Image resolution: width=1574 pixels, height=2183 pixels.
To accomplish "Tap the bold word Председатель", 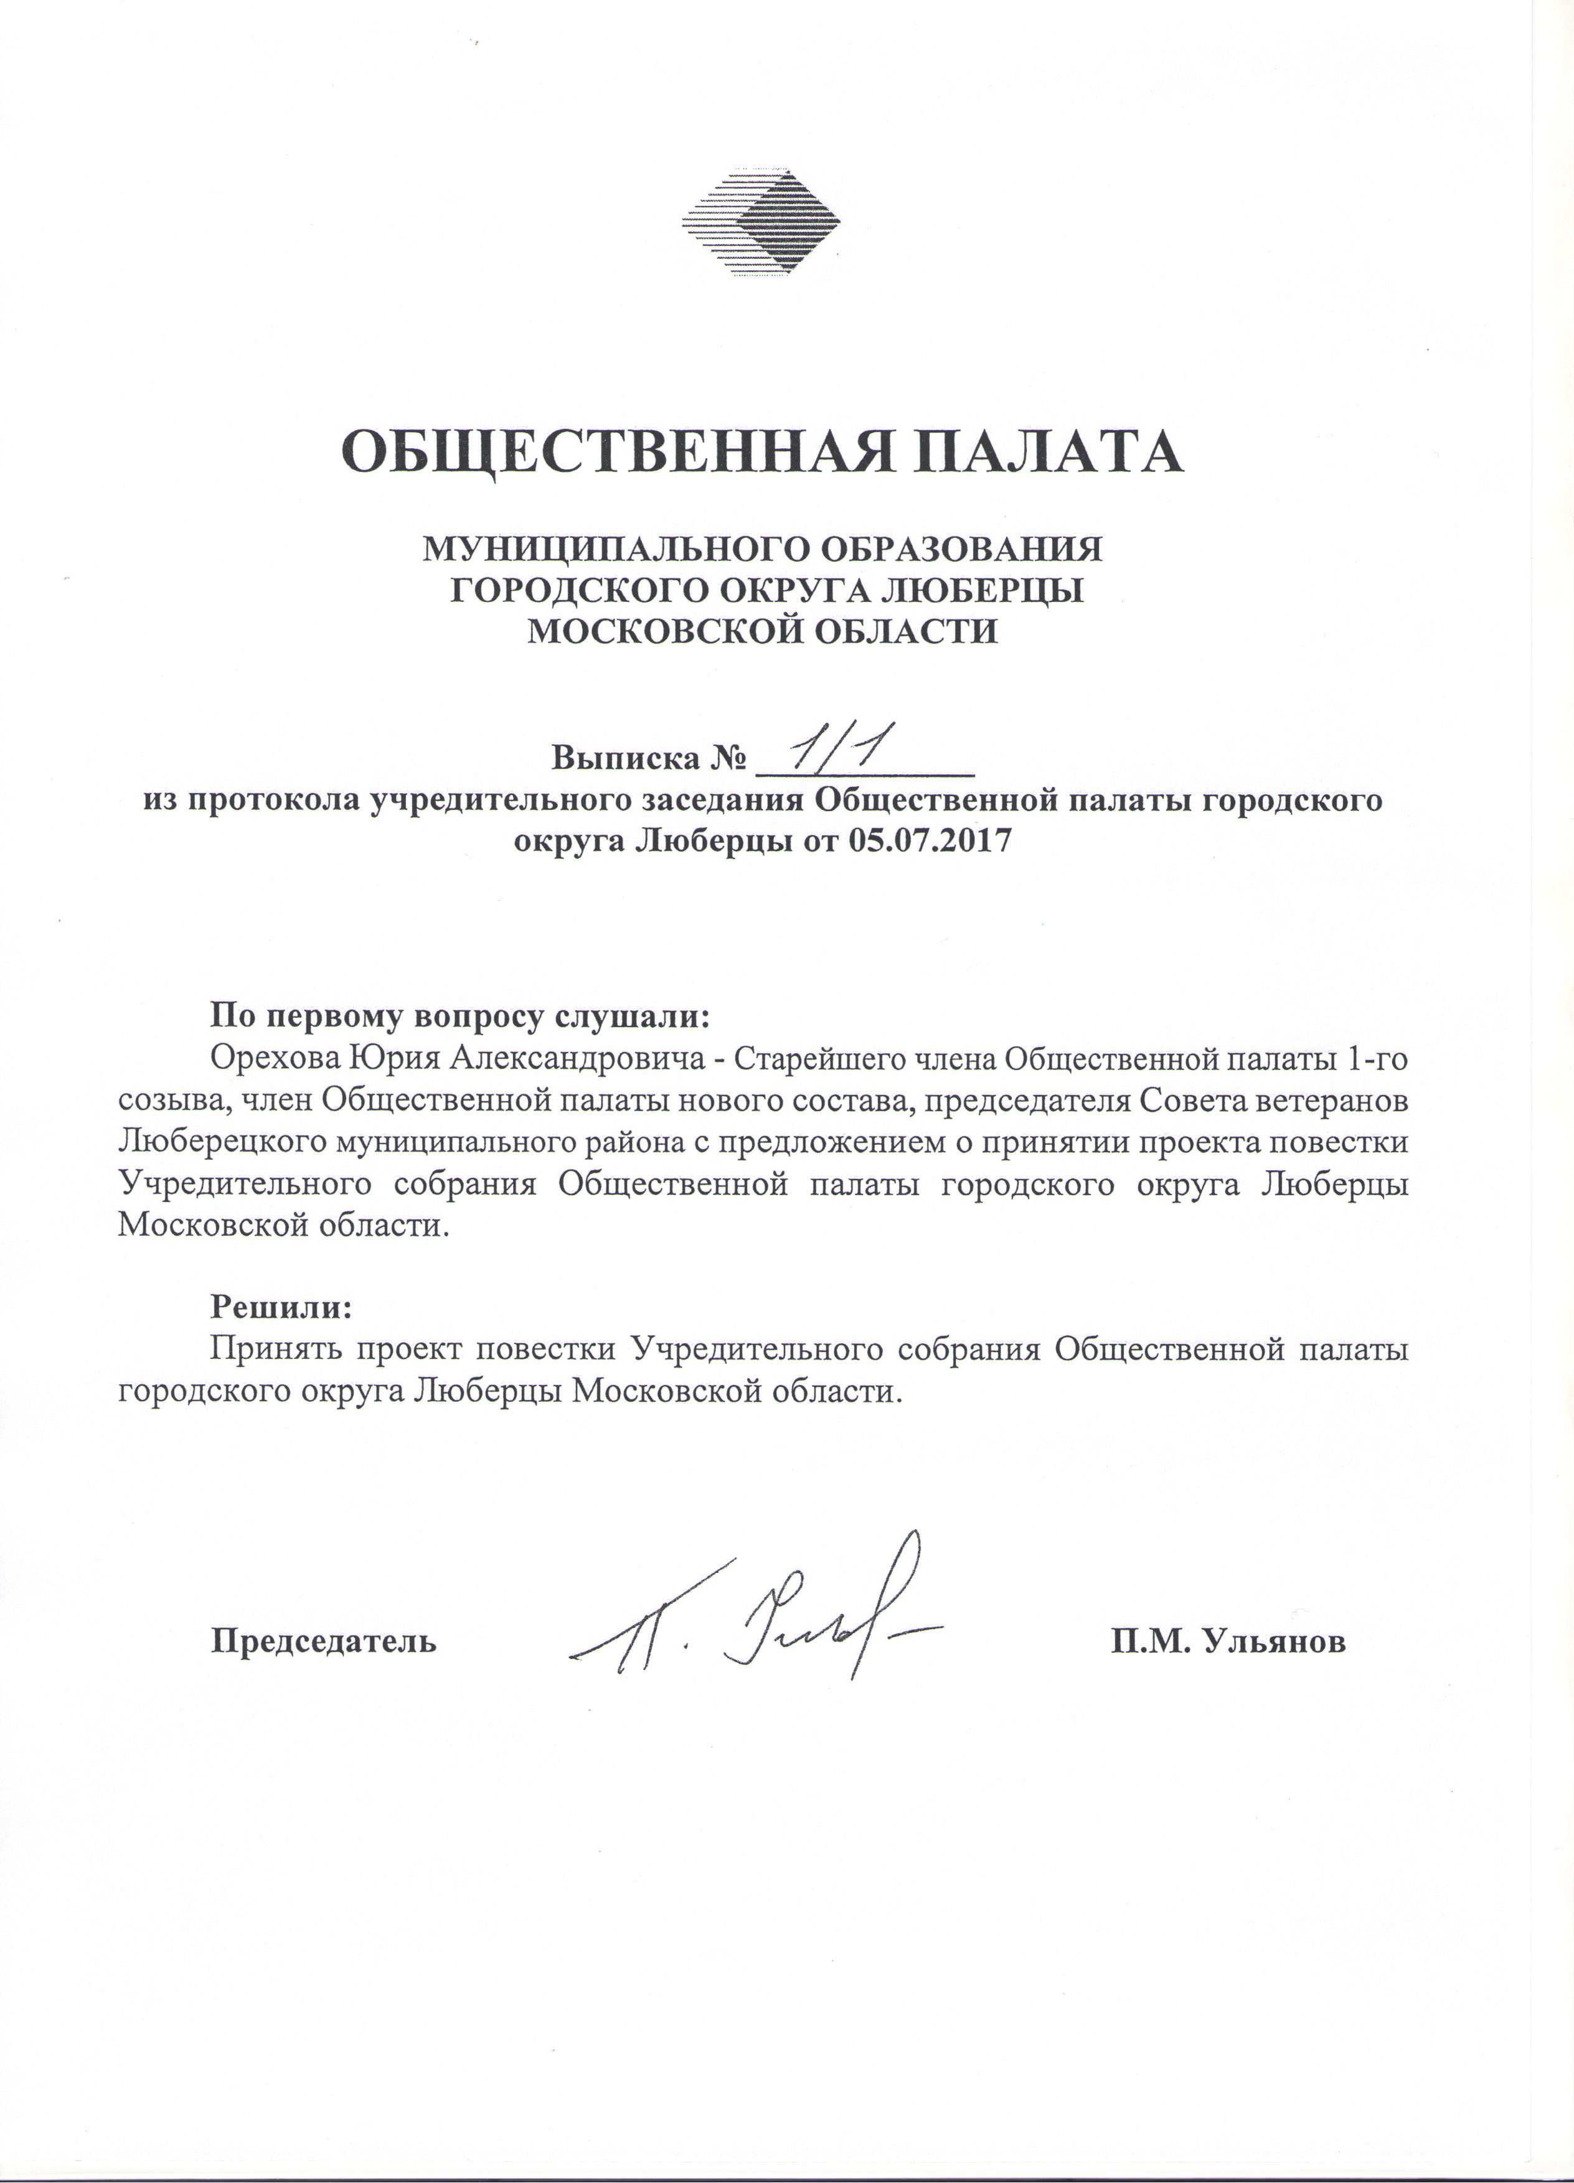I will (324, 1640).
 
